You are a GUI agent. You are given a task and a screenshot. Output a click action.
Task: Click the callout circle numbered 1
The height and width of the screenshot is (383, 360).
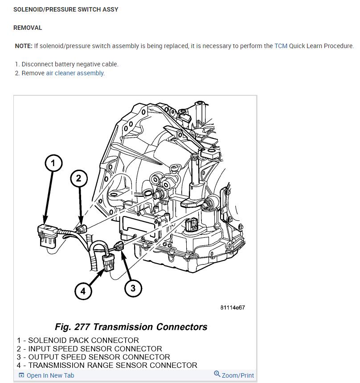point(53,164)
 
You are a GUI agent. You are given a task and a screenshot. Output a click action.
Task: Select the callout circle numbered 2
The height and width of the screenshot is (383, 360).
point(79,179)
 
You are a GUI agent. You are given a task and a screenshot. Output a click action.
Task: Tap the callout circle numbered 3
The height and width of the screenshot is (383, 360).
point(133,288)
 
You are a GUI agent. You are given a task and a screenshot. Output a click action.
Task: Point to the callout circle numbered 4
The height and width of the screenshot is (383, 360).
point(83,291)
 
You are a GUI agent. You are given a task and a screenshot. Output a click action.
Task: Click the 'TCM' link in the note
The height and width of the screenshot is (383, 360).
point(281,46)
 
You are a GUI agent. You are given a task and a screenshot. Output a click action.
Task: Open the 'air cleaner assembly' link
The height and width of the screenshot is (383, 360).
point(75,73)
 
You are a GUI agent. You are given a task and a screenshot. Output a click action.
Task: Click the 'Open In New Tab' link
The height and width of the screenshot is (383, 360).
point(50,375)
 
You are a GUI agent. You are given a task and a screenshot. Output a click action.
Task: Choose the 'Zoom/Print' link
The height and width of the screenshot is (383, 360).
point(238,375)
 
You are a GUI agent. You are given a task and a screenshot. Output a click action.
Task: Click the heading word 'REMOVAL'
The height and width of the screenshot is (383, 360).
point(28,28)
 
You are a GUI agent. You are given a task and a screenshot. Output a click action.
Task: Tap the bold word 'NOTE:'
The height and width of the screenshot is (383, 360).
point(24,46)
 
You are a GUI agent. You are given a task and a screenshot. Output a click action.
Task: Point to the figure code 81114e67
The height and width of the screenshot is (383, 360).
point(232,308)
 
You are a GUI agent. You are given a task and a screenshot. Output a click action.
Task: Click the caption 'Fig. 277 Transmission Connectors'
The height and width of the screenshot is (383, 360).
point(131,327)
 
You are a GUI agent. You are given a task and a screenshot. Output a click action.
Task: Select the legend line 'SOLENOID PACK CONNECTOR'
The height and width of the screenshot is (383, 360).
point(78,341)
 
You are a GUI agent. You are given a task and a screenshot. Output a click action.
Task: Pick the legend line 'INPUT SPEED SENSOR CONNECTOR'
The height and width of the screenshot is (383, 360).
point(90,349)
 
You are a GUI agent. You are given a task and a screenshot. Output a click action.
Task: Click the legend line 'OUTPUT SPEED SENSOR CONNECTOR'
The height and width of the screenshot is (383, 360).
point(94,357)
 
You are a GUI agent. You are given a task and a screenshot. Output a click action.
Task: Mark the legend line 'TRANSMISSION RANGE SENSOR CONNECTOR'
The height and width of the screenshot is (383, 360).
point(107,365)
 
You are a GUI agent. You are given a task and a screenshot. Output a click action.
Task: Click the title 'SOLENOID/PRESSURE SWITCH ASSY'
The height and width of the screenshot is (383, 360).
point(66,9)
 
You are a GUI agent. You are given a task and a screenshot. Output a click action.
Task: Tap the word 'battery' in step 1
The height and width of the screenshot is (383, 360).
point(69,64)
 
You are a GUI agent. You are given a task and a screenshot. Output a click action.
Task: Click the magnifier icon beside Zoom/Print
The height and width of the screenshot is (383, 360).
point(217,374)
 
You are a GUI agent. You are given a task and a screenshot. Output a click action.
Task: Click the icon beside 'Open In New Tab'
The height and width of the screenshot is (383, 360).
point(21,375)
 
